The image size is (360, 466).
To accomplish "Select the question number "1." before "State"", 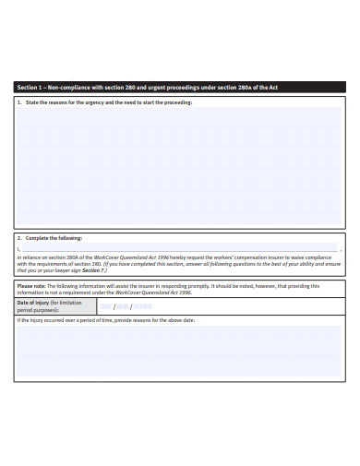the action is [x=19, y=102].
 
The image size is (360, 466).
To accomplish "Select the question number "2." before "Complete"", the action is [x=19, y=237].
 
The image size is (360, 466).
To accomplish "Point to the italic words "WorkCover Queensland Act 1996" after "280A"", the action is [x=129, y=257].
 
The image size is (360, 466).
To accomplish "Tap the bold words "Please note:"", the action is [x=32, y=285].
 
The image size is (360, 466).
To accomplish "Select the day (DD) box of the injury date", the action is [x=106, y=306].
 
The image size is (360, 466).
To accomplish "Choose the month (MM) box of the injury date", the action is [x=123, y=306].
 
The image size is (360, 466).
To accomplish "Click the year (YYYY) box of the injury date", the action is [x=142, y=306].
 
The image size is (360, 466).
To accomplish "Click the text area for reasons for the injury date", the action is [x=180, y=351].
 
